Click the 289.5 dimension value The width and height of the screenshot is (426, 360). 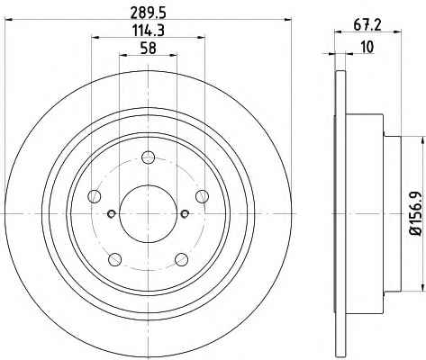pos(148,13)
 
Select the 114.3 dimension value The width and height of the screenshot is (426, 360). pos(149,31)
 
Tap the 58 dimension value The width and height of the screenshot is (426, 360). pos(149,49)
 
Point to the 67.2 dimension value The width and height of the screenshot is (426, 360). pos(367,25)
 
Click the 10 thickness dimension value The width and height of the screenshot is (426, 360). pos(367,47)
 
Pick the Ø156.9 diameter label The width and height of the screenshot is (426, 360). pos(416,213)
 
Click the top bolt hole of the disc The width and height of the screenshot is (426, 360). pos(148,157)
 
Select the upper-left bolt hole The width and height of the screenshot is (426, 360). pos(95,196)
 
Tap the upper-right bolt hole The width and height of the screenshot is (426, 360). pos(202,196)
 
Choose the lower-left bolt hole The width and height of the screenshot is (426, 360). pos(114,259)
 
